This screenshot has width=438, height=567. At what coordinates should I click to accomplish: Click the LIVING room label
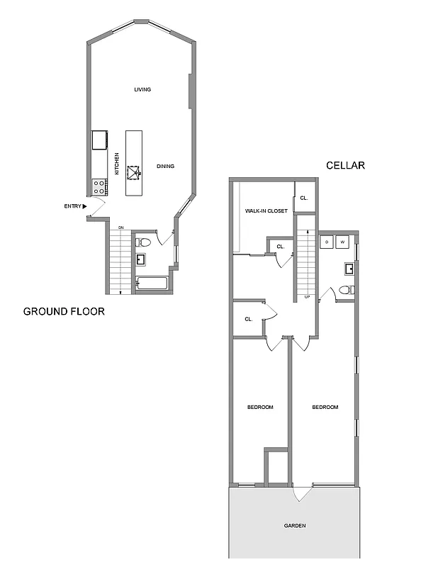[x=143, y=89]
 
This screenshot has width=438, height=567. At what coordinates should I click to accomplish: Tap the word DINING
[x=165, y=167]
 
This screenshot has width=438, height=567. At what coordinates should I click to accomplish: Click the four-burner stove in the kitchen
[x=99, y=187]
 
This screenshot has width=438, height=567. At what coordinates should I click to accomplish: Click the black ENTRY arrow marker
[x=85, y=206]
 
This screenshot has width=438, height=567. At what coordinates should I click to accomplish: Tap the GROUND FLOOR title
[x=64, y=311]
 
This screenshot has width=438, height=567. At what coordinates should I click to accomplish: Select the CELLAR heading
[x=345, y=165]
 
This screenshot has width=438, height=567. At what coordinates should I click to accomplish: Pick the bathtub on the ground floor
[x=152, y=284]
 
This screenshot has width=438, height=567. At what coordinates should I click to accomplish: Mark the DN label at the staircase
[x=121, y=227]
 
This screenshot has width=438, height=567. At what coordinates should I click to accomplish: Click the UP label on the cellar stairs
[x=307, y=296]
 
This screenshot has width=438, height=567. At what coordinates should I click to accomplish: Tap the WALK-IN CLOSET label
[x=266, y=210]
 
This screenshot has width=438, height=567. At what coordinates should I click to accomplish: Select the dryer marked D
[x=327, y=242]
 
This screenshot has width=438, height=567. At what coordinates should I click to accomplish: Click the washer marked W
[x=343, y=242]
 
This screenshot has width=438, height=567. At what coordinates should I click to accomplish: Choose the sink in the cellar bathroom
[x=349, y=269]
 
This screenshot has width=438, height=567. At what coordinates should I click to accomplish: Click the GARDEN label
[x=295, y=526]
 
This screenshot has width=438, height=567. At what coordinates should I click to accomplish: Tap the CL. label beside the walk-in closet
[x=303, y=198]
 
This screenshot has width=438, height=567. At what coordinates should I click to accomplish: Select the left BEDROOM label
[x=260, y=407]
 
